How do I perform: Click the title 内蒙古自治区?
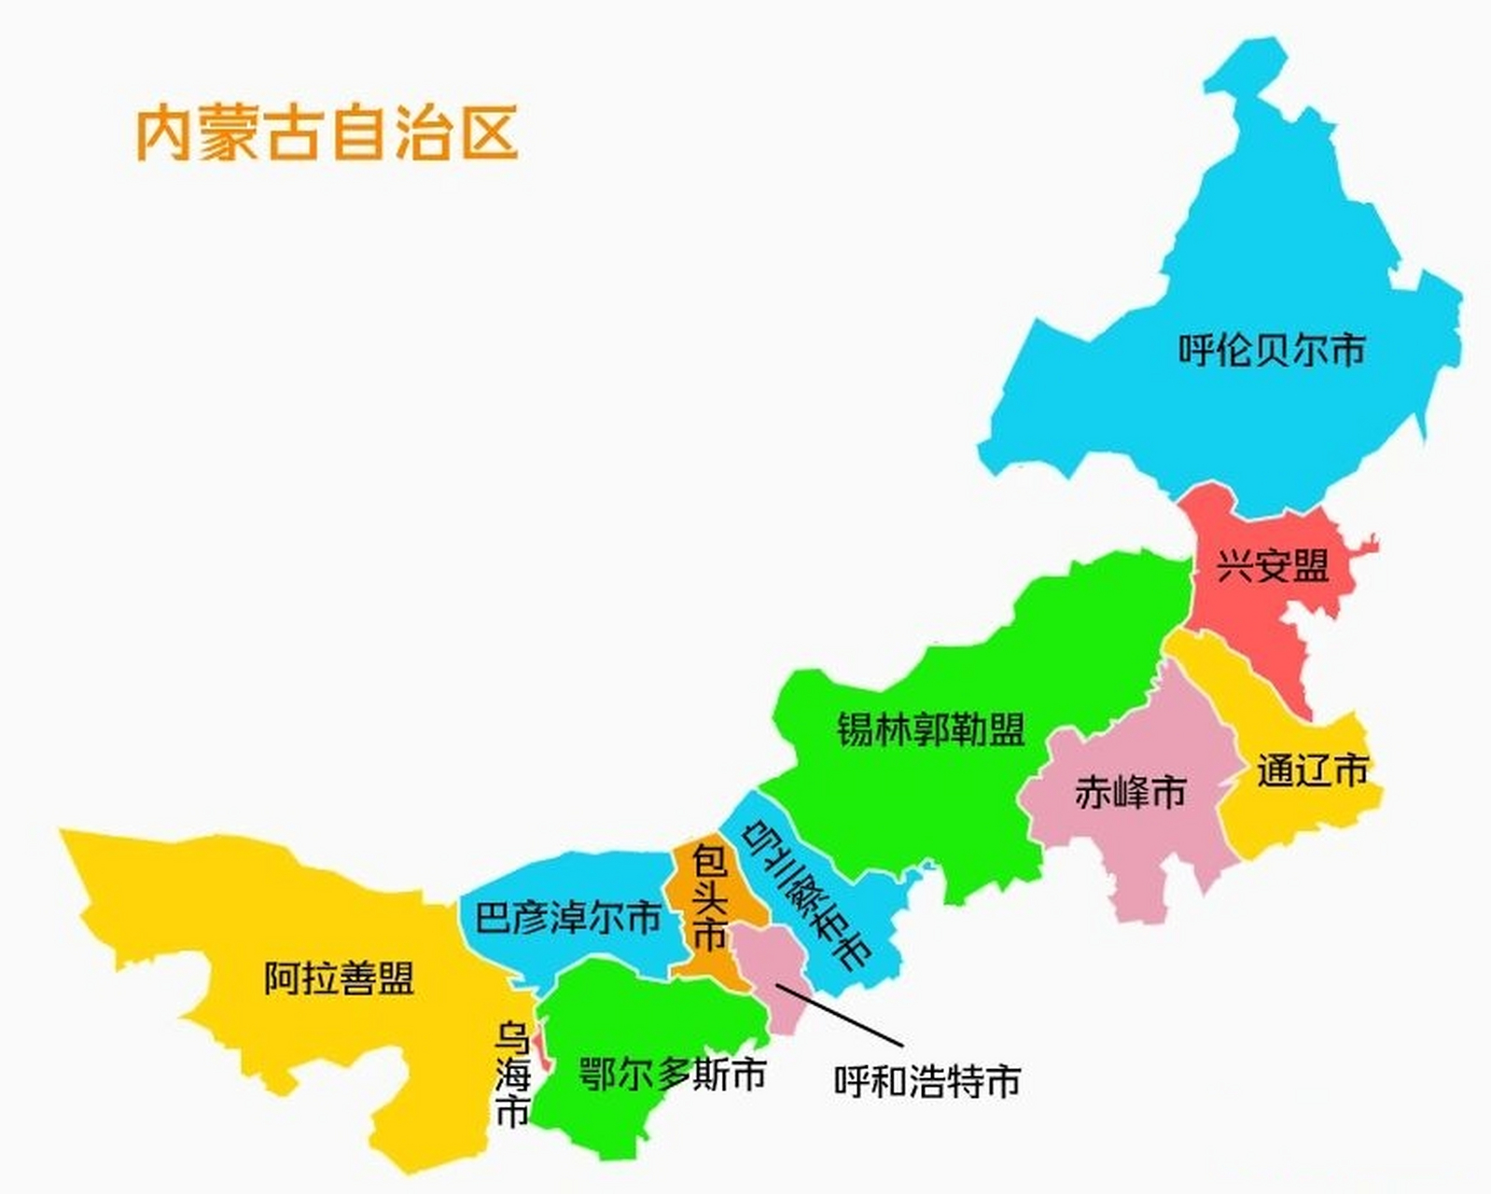point(327,133)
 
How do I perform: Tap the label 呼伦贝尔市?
point(1271,350)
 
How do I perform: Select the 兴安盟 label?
point(1273,565)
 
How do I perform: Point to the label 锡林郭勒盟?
point(930,729)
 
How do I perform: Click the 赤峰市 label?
point(1130,792)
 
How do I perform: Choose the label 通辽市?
point(1312,771)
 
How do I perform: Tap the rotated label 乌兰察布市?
point(809,894)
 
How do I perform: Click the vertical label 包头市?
point(709,896)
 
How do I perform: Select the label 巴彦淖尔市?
point(567,918)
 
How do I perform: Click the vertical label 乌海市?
point(512,1074)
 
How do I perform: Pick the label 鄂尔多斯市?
point(672,1074)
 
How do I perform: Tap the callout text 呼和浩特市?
point(927,1081)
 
